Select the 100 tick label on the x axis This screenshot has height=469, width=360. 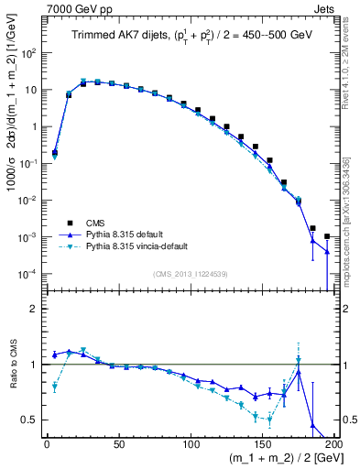(191, 445)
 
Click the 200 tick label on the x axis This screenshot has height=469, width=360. (333, 445)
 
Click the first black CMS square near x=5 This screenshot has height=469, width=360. (55, 153)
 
